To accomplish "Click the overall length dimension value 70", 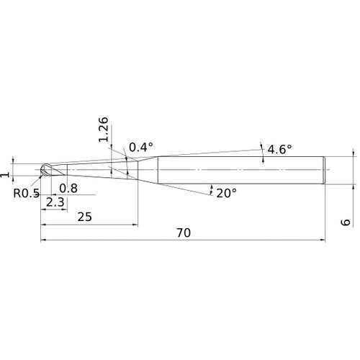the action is [x=184, y=233].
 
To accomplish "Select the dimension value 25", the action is [x=85, y=217].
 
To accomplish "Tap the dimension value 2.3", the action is [x=55, y=202].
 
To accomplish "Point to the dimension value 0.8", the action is [x=68, y=189].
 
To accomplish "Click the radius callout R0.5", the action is [x=26, y=193].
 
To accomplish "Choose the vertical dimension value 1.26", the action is [x=104, y=130].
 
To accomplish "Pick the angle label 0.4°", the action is [x=141, y=147].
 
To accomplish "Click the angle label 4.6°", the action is [x=279, y=150].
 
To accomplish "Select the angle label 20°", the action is [x=227, y=193].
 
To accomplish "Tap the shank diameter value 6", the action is [x=346, y=222].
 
